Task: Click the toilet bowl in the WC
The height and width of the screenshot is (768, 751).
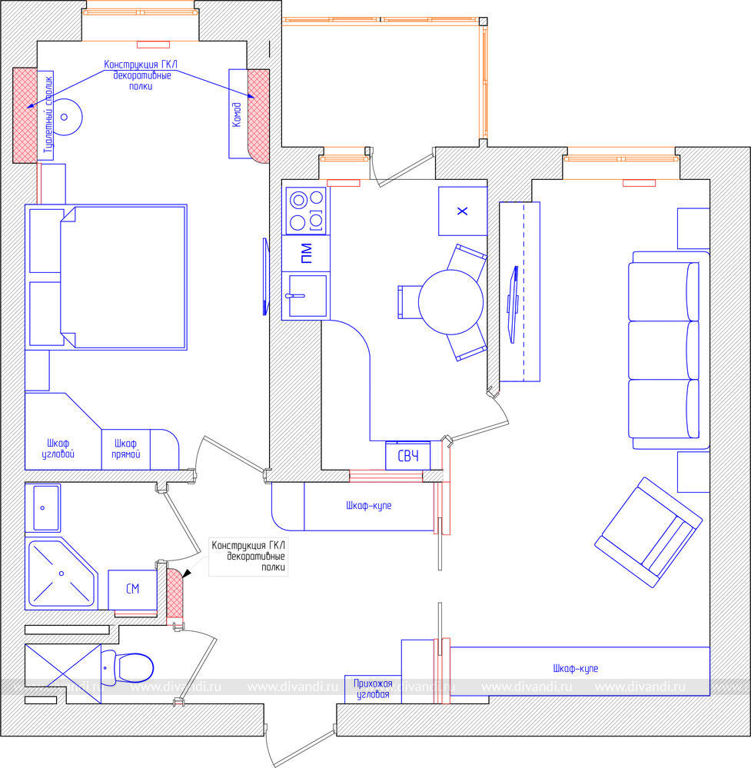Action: coord(133,667)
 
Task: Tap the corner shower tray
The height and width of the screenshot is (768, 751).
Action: coord(61,574)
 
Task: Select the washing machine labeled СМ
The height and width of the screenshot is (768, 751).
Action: coord(132,589)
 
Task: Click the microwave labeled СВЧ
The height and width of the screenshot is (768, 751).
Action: coord(408,456)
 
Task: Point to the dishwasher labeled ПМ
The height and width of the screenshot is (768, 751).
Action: coord(306,253)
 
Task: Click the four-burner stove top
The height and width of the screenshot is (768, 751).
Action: coord(306,211)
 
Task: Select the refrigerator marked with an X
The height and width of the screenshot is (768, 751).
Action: coord(463,211)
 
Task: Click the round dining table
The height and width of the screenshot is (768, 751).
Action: coord(450,302)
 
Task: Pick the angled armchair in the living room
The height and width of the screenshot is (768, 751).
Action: coord(648,533)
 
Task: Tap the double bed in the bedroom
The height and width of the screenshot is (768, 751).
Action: coord(106,278)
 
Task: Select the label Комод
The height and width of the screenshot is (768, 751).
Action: coord(237,115)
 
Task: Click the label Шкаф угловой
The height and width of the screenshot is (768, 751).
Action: coord(58,449)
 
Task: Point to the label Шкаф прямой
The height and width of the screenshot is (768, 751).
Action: coord(126,449)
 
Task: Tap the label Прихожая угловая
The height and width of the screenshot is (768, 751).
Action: coord(374,689)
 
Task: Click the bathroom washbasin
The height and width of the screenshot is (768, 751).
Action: coord(43,508)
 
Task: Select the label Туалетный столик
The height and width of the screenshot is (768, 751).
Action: coord(48,115)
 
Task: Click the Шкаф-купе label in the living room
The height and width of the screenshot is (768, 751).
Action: coord(576,669)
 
